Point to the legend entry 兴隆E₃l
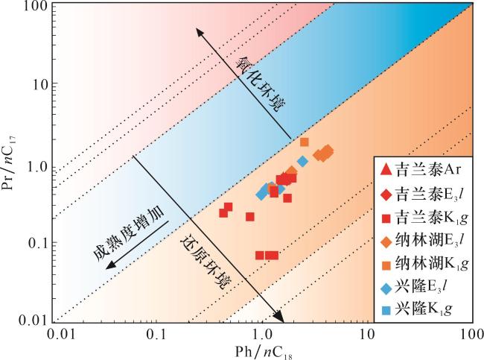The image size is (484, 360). (x=421, y=285)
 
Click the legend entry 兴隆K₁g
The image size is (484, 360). (x=421, y=307)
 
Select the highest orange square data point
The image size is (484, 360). (x=304, y=142)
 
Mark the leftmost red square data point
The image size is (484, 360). (x=223, y=213)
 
